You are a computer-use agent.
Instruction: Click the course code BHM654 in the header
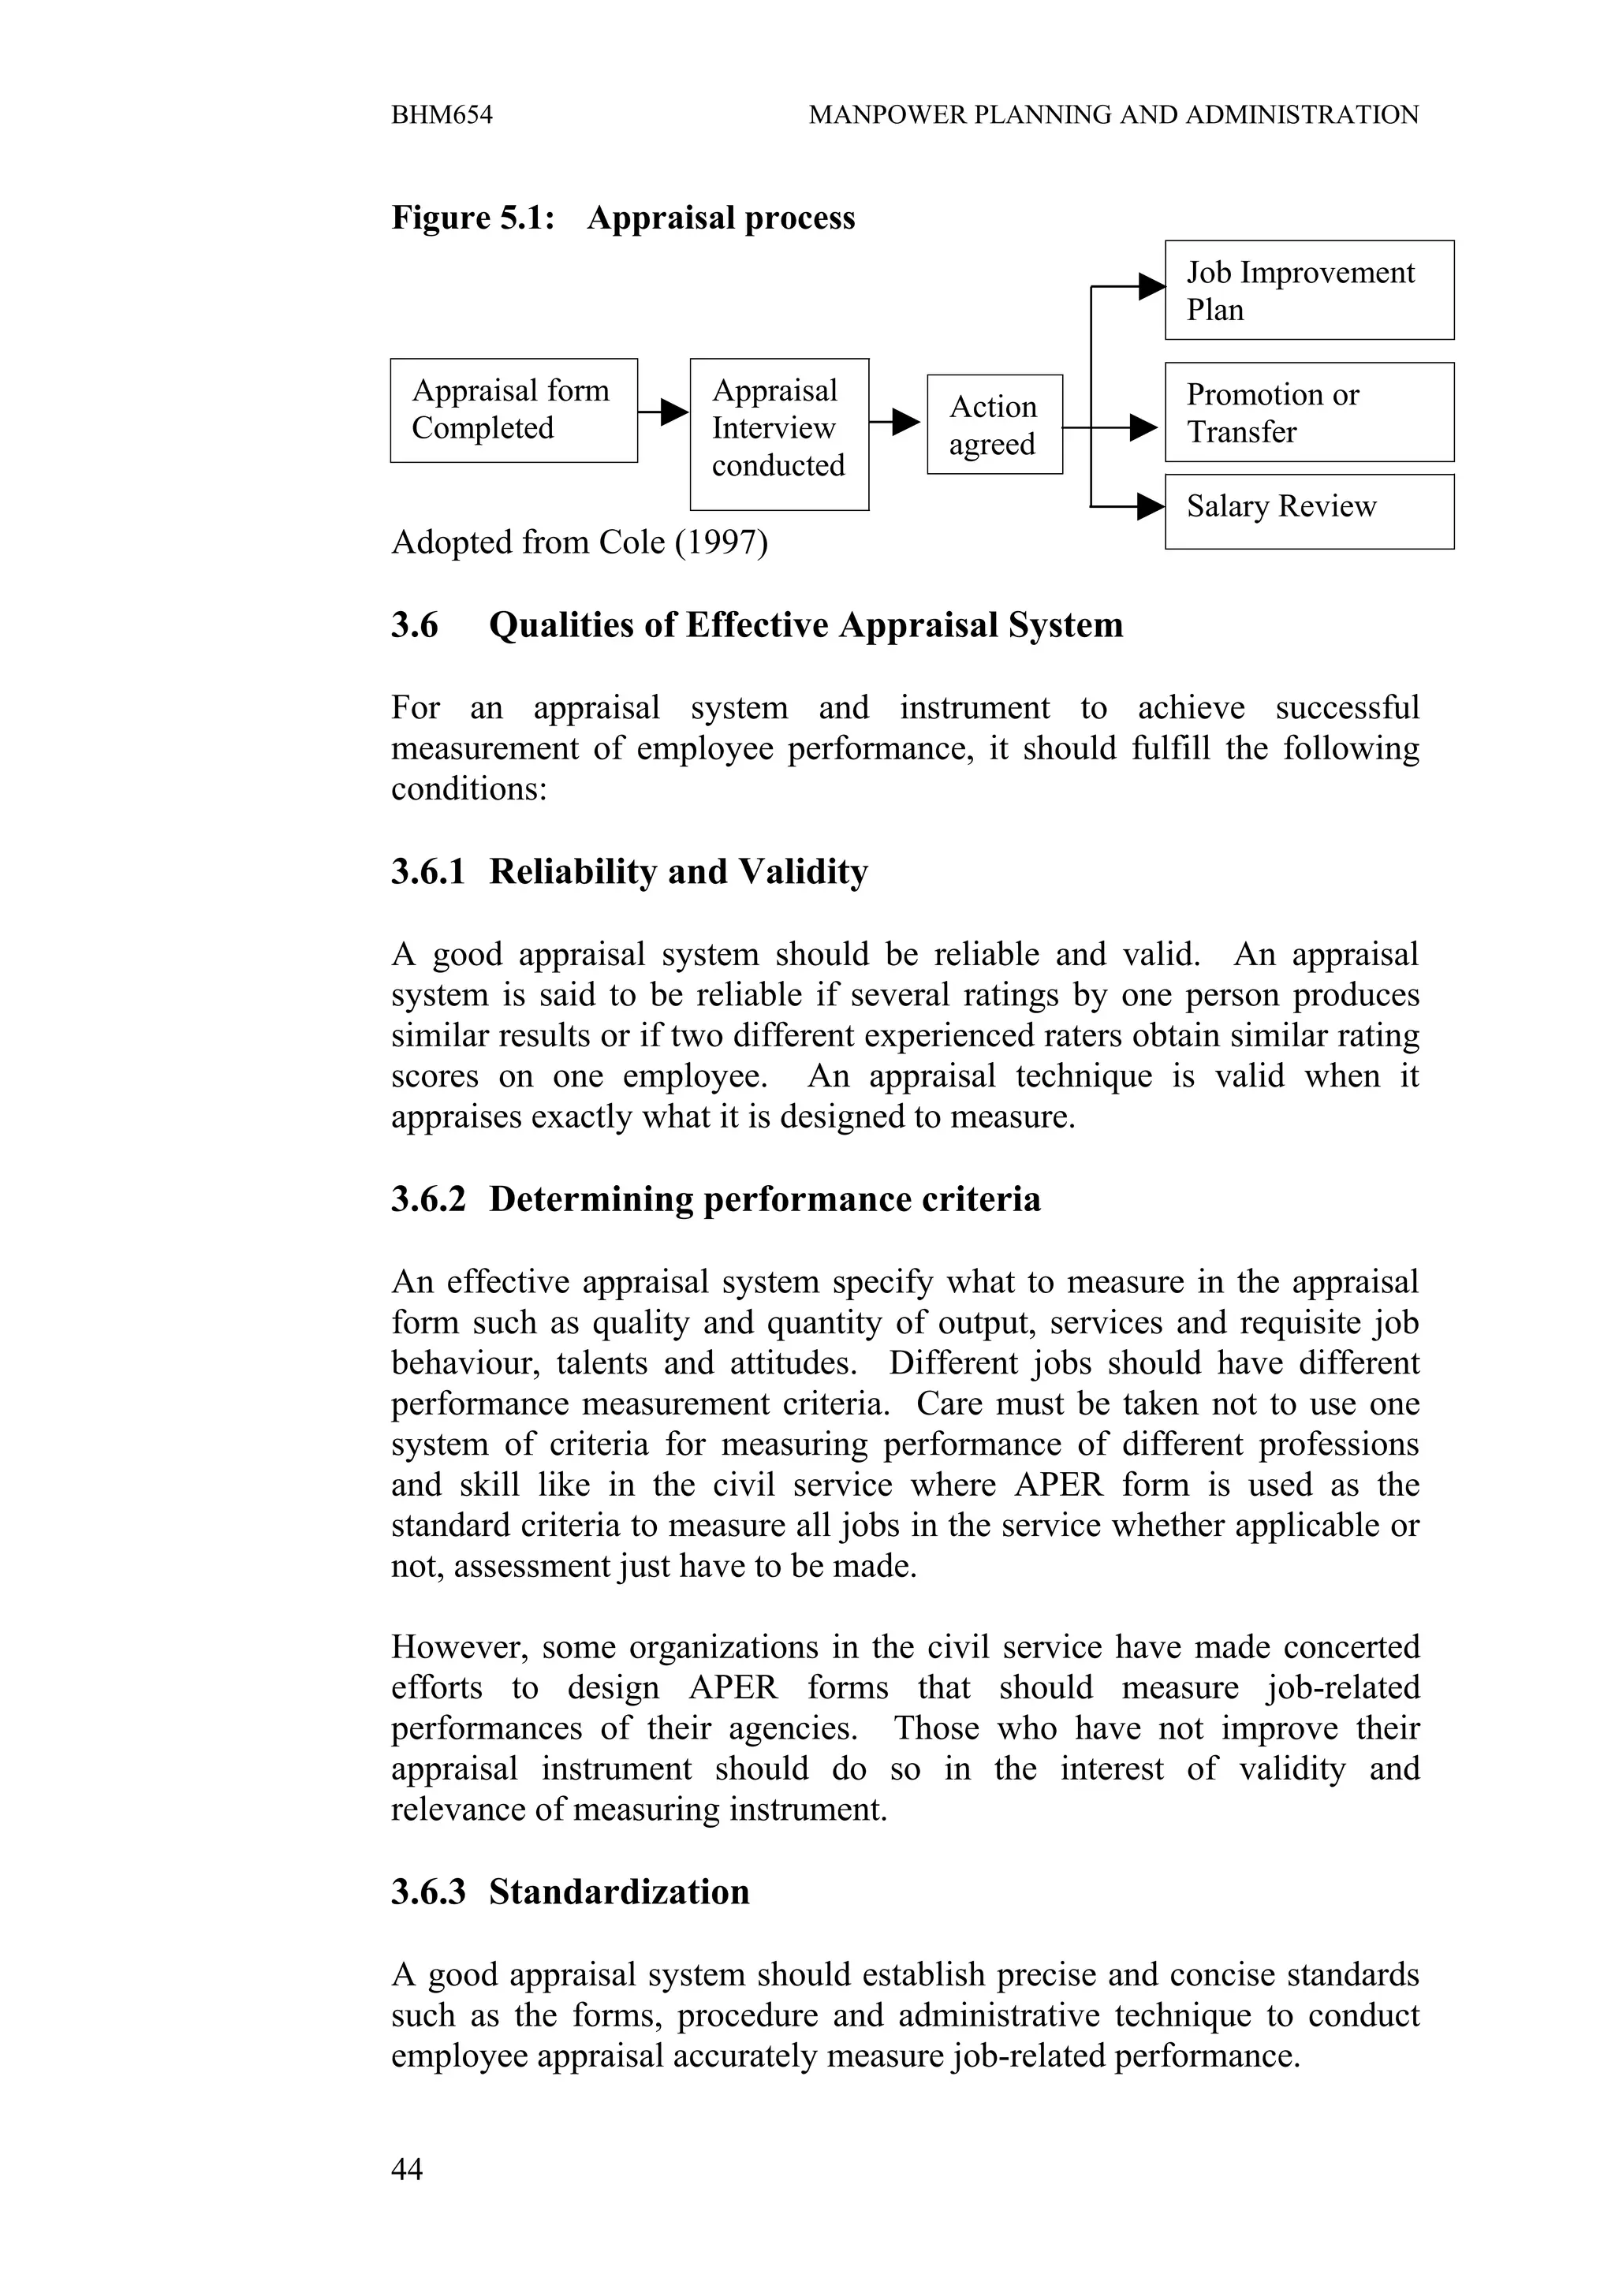442,115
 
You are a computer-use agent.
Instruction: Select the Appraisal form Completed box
513,410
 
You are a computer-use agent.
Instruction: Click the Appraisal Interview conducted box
779,434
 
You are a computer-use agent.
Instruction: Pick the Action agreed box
994,425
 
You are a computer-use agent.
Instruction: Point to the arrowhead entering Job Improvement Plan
1152,287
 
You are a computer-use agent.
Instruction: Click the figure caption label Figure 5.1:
472,218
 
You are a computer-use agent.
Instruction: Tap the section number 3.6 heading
414,625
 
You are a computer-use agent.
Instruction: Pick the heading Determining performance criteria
764,1199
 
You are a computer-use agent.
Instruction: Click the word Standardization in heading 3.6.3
619,1892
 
